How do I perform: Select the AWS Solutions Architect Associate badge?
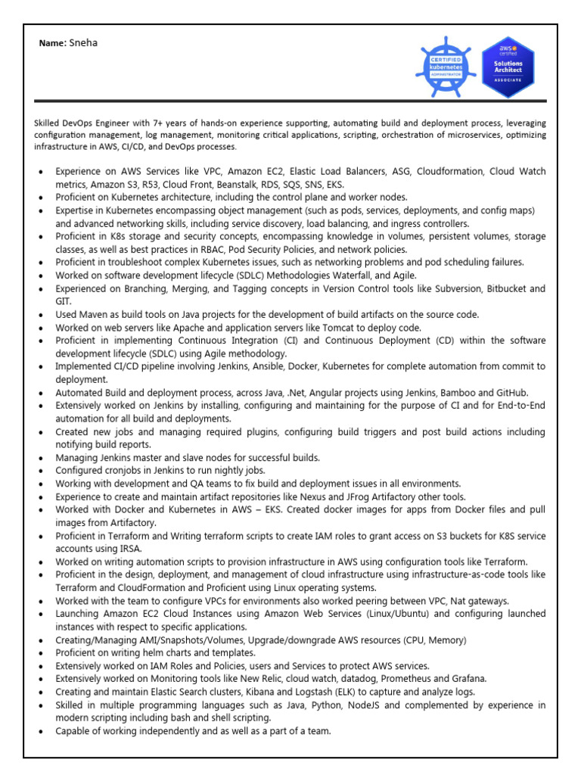(508, 67)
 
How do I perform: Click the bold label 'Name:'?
(53, 43)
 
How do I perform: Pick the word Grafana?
(468, 679)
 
